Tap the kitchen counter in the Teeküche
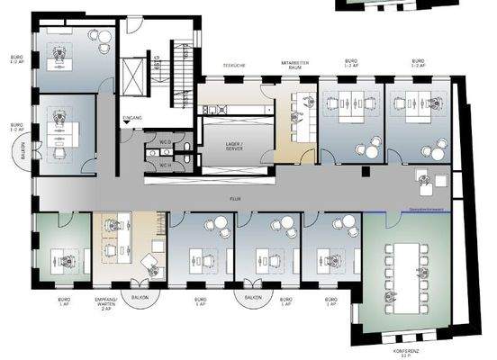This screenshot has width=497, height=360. pos(233,109)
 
